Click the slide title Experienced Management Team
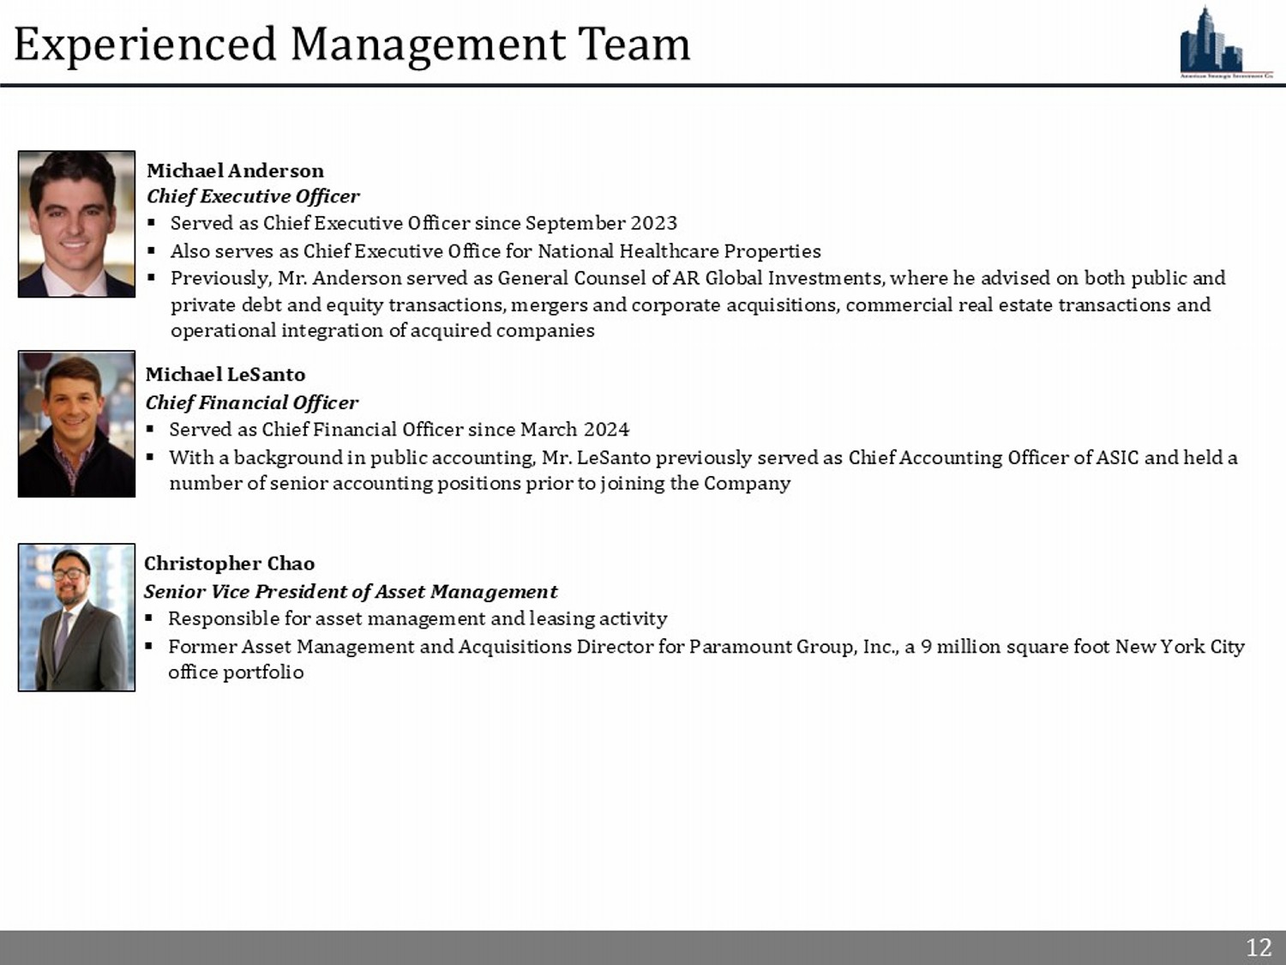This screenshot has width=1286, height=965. (x=352, y=44)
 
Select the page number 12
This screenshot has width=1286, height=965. (x=1258, y=947)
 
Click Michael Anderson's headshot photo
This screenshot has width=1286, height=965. (x=76, y=224)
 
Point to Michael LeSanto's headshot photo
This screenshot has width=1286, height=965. (x=76, y=424)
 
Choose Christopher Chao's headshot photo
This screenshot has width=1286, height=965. (x=76, y=617)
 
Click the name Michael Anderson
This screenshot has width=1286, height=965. (x=235, y=171)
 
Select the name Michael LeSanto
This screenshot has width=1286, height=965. (x=225, y=375)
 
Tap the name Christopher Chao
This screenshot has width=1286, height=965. (x=229, y=564)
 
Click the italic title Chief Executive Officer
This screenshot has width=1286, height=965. (x=253, y=196)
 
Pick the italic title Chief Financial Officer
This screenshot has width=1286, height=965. (x=251, y=402)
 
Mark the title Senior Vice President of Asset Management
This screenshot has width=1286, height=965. (x=350, y=591)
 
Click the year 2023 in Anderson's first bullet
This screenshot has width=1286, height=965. (x=653, y=223)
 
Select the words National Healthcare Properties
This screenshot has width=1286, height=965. (x=679, y=251)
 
